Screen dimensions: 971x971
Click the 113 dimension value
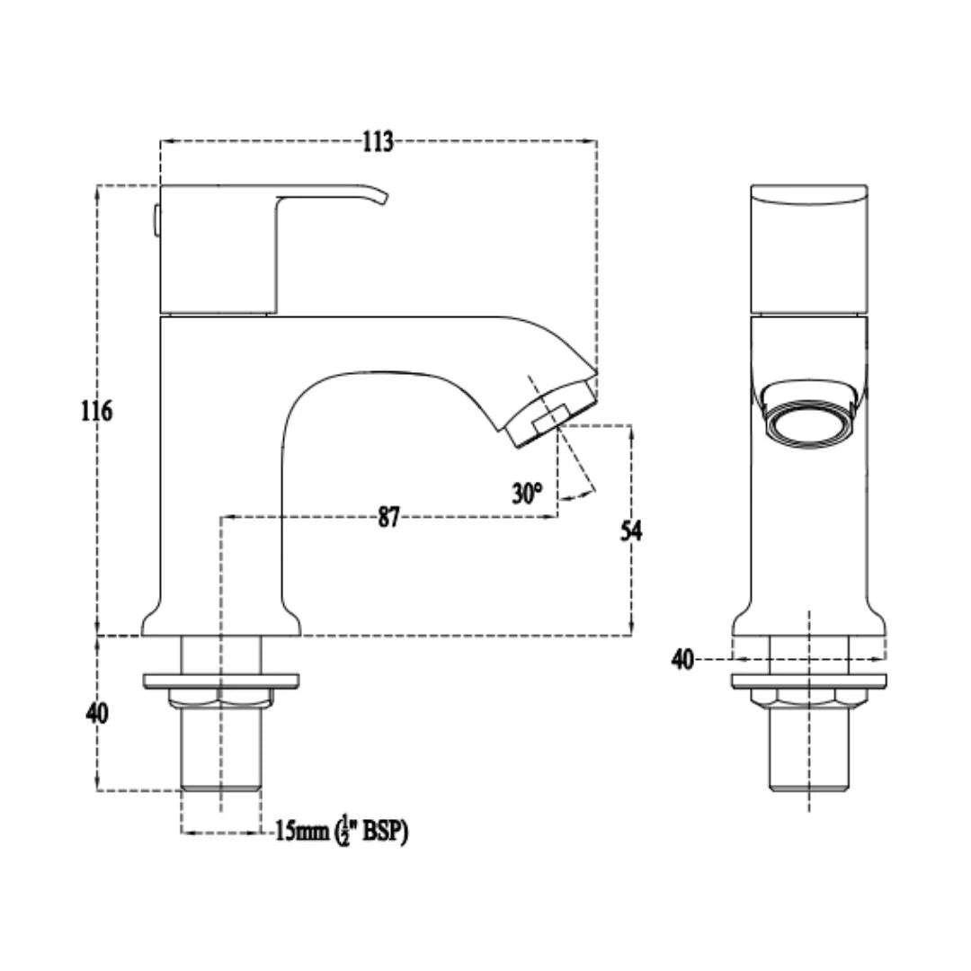[x=378, y=141]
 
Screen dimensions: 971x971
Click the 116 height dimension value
[x=96, y=411]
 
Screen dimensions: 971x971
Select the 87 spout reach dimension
[x=388, y=517]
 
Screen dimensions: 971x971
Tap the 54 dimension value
[x=632, y=530]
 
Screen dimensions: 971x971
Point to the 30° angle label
[x=528, y=493]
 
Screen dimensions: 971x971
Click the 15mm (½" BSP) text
[x=342, y=832]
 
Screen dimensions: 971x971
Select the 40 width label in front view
[x=682, y=659]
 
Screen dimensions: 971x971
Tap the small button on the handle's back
[x=156, y=220]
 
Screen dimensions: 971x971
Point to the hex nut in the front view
[x=808, y=699]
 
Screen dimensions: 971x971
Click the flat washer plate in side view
[x=220, y=679]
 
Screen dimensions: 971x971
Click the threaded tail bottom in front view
[x=808, y=784]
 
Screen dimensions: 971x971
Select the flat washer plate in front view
[x=808, y=681]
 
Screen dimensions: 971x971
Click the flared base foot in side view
[x=220, y=622]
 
